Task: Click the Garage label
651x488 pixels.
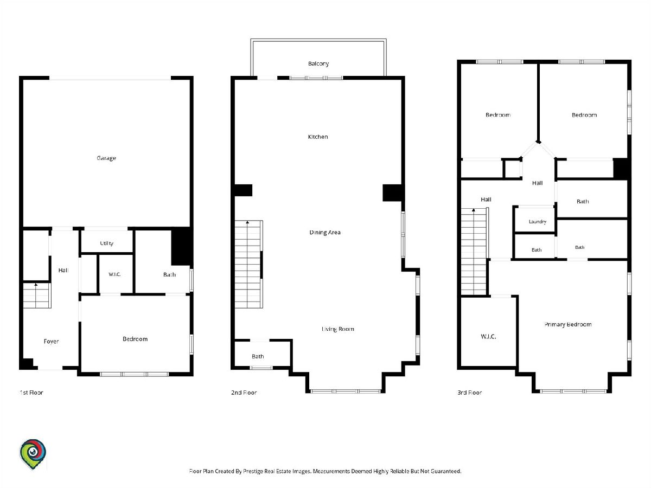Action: tap(106, 158)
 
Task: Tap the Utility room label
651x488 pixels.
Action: tap(106, 243)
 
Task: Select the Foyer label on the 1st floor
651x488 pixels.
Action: tap(51, 342)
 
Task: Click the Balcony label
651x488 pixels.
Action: tap(318, 63)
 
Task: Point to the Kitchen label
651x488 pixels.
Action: tap(318, 137)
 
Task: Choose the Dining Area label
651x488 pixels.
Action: tap(325, 232)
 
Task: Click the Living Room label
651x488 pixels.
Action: tap(338, 329)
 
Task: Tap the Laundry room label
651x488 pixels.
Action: tap(538, 222)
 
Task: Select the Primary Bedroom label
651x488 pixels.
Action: tap(568, 324)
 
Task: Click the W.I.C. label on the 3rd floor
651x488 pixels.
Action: tap(488, 336)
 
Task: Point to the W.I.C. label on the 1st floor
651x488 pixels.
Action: tap(114, 274)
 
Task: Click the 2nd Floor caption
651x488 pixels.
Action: tap(244, 393)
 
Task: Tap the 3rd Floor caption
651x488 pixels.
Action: tap(469, 393)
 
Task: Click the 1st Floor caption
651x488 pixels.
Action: tap(31, 393)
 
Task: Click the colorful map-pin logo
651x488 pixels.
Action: tap(33, 454)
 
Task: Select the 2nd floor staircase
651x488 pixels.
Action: tap(248, 264)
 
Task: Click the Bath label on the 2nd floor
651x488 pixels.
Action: tap(258, 356)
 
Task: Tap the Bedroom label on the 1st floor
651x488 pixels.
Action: tap(135, 339)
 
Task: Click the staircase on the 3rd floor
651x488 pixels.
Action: tap(474, 252)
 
